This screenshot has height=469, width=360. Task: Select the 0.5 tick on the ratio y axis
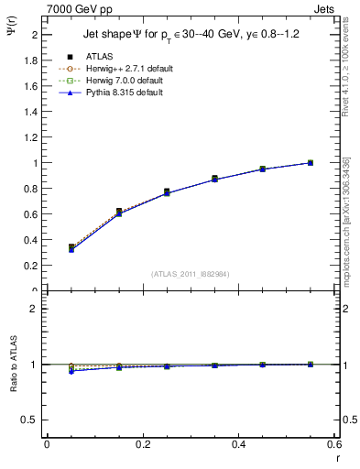pos(29,420)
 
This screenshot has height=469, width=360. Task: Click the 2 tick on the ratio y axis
pos(32,309)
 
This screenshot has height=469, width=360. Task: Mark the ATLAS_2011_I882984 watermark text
pos(190,274)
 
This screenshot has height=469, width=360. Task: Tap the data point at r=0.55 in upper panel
pos(310,163)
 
